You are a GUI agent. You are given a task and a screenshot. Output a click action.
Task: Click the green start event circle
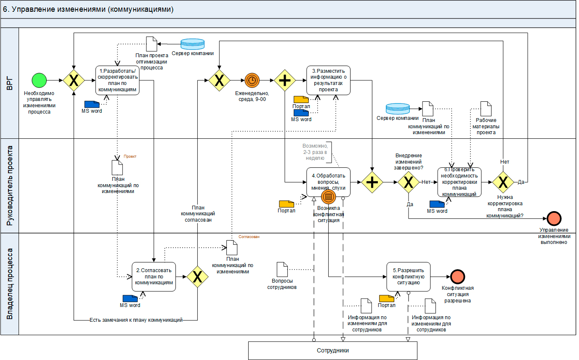39,80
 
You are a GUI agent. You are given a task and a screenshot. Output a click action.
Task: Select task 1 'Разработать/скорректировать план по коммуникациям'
117,80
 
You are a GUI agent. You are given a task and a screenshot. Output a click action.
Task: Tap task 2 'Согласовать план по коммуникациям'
154,277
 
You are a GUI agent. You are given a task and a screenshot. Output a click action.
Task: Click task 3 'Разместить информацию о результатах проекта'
328,80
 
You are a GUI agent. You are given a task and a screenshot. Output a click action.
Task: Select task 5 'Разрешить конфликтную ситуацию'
408,276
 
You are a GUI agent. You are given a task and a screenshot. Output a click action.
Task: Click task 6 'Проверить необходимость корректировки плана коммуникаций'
459,182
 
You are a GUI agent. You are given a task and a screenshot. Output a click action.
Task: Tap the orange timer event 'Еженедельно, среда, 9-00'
252,80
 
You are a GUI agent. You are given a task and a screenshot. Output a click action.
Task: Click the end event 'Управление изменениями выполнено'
554,218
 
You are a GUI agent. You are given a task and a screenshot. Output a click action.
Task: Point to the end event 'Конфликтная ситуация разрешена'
457,276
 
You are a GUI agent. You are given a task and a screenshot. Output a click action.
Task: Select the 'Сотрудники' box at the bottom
332,350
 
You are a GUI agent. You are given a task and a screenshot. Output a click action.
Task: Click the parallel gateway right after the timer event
285,80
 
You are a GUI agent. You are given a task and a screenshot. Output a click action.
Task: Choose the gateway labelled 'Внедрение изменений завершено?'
408,182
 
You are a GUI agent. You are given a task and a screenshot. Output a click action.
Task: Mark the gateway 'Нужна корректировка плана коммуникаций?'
503,182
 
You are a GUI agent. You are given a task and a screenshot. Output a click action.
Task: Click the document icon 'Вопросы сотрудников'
282,270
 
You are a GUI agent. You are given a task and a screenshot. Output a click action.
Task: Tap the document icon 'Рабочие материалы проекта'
486,109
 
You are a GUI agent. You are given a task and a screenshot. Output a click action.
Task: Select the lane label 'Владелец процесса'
10,284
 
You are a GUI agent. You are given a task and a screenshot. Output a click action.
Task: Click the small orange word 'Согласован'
249,237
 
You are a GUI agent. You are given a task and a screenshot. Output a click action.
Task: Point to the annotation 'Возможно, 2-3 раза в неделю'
315,151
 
